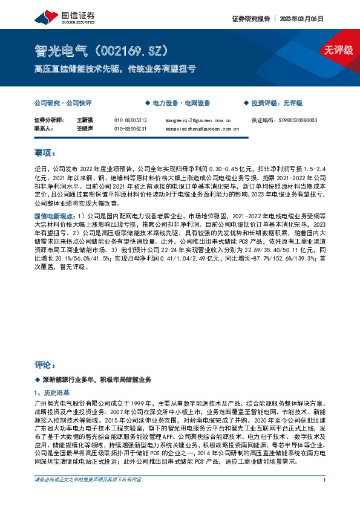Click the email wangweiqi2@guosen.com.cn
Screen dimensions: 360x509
coord(198,120)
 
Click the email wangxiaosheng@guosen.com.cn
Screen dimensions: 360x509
coord(201,128)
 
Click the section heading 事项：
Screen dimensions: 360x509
coord(45,154)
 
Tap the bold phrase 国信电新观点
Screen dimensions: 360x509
coord(53,215)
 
